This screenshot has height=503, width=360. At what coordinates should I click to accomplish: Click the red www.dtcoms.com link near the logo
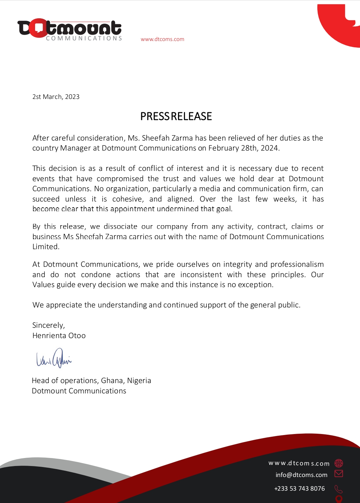click(162, 39)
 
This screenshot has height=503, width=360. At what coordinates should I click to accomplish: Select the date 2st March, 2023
click(56, 97)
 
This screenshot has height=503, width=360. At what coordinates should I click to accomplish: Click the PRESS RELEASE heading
click(176, 116)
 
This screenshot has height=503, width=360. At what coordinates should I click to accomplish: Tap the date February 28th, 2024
click(243, 148)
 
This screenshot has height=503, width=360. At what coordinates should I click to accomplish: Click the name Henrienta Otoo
click(59, 336)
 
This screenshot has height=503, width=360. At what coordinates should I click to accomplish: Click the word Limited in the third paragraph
click(46, 247)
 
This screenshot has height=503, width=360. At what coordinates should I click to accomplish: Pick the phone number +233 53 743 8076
click(299, 489)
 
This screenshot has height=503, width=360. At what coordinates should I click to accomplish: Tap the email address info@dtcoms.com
click(301, 475)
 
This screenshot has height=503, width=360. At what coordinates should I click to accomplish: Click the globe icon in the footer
click(339, 463)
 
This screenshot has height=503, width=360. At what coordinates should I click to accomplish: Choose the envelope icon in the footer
click(339, 474)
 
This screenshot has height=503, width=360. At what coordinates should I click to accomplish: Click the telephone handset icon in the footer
click(339, 489)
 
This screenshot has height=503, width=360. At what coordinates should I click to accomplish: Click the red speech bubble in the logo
click(38, 28)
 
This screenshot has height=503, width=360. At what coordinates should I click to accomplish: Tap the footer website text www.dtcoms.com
click(299, 463)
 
